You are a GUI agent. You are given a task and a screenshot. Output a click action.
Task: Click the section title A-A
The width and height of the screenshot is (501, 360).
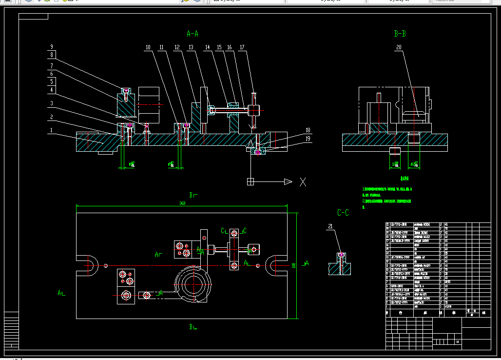[193, 34]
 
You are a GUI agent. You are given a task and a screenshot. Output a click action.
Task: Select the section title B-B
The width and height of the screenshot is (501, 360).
[400, 34]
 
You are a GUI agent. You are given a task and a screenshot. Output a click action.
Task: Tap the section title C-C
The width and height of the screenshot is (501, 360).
[343, 213]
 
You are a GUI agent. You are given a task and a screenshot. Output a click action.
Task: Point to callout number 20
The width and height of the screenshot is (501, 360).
[399, 47]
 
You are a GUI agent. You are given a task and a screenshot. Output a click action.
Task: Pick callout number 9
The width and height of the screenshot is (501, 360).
[51, 47]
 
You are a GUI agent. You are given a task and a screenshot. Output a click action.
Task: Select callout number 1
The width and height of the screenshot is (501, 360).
[51, 130]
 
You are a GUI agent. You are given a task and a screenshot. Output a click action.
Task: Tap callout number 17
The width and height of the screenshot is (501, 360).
[242, 47]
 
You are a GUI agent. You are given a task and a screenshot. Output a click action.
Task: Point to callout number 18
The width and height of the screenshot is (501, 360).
[308, 130]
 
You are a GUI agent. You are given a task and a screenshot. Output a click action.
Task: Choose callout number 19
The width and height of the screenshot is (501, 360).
[308, 139]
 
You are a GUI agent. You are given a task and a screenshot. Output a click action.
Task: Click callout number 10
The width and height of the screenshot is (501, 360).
[148, 47]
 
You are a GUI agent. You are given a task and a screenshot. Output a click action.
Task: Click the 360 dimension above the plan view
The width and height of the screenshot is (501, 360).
[182, 203]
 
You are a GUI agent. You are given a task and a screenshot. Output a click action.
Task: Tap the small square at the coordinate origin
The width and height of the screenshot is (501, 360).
[250, 182]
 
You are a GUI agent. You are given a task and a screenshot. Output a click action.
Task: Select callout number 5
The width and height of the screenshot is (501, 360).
[51, 80]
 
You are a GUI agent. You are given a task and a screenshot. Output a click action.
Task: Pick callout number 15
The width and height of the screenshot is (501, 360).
[219, 47]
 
